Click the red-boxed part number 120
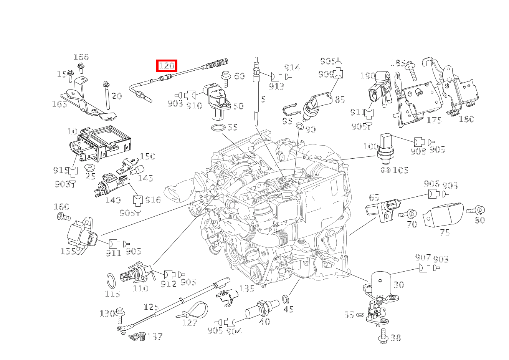167,66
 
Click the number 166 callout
81,57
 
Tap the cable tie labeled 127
193,310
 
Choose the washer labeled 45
286,299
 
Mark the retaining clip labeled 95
291,110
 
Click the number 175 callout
434,120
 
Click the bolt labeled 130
120,314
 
